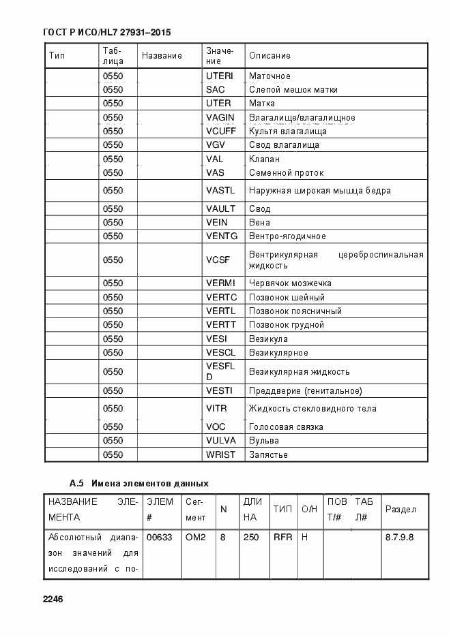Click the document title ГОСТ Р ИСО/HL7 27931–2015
coord(106,32)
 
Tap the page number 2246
coord(53,599)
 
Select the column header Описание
coord(270,55)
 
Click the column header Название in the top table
coord(162,55)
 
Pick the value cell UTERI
coord(219,76)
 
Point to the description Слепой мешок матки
coord(293,90)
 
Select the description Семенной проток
coord(286,173)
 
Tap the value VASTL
coord(220,191)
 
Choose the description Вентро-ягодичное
coord(287,236)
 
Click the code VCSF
coord(218,260)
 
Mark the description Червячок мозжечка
coord(290,283)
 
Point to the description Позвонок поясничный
coord(295,311)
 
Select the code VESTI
coord(219,390)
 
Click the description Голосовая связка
coord(286,427)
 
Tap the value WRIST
coord(220,454)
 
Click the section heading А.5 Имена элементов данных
coord(139,484)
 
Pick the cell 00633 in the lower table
coord(159,537)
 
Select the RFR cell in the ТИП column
coord(282,537)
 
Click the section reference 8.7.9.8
coord(399,537)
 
